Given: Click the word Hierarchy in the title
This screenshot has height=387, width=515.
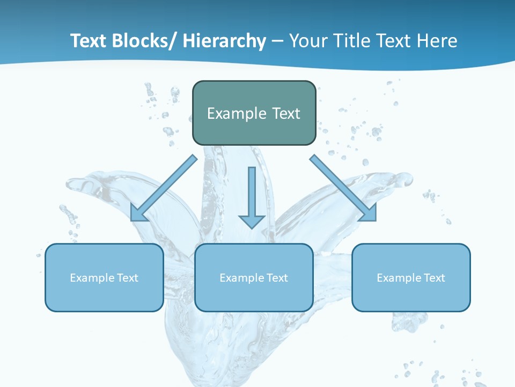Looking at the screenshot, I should pyautogui.click(x=224, y=41).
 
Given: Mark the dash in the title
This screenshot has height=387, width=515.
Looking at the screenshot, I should pyautogui.click(x=277, y=41).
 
